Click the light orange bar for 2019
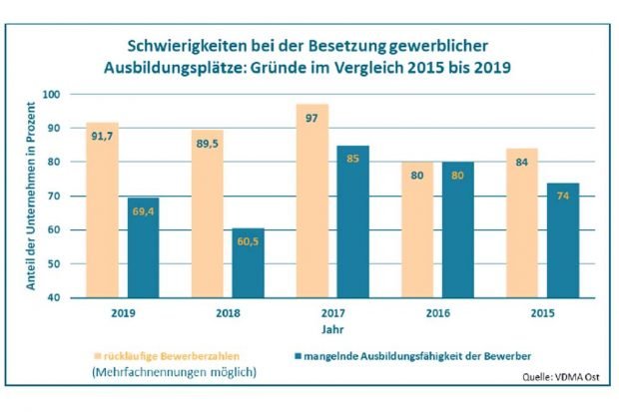click(103, 209)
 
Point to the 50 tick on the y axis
click(52, 263)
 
